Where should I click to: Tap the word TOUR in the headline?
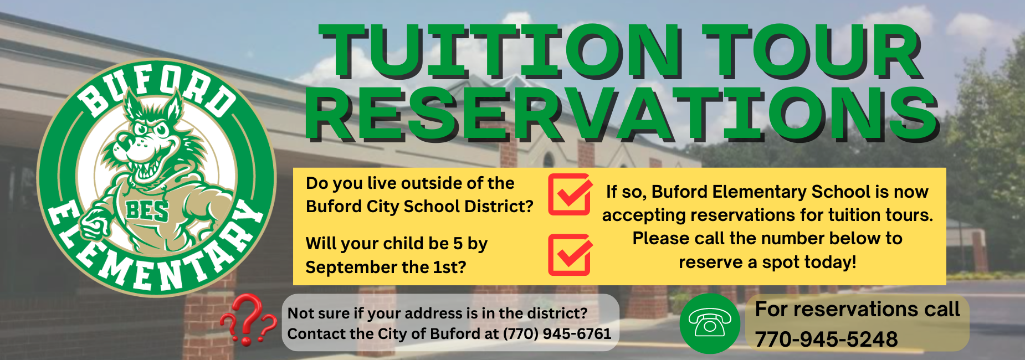click(x=812, y=51)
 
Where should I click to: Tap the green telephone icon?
click(x=710, y=323)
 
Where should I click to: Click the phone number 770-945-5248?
click(x=826, y=339)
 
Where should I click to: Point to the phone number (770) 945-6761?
click(x=557, y=333)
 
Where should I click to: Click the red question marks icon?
click(x=248, y=320)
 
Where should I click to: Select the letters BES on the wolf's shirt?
click(x=147, y=210)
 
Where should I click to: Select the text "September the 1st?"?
click(x=386, y=267)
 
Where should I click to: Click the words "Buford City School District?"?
click(x=419, y=207)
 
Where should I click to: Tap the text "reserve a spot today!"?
click(x=767, y=262)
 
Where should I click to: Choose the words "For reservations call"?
click(x=857, y=309)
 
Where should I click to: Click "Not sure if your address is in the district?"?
click(x=437, y=313)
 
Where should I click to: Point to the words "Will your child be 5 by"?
click(x=397, y=244)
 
